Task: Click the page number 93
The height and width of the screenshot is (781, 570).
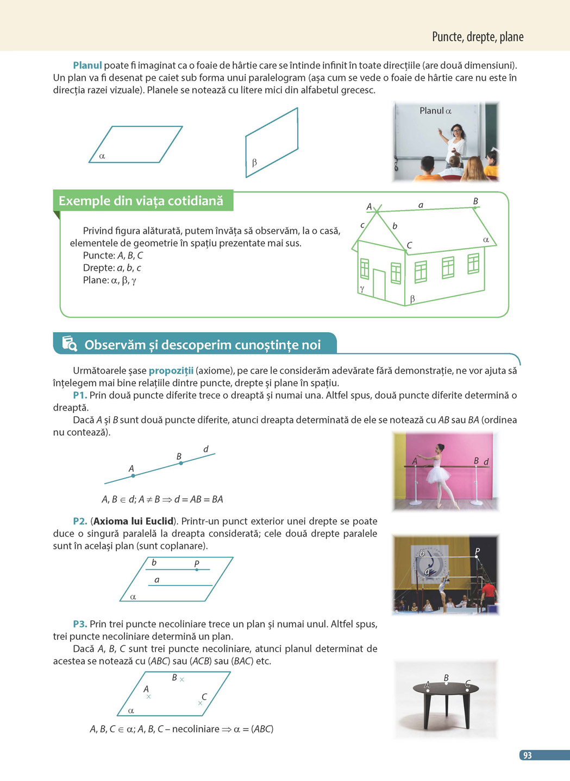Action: pos(527,755)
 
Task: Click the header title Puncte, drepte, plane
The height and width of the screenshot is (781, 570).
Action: pos(478,37)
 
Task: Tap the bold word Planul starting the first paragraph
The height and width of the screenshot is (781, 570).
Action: pos(87,66)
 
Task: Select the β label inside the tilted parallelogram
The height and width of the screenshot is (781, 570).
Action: pos(254,162)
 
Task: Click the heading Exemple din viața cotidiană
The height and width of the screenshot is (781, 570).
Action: pos(141,201)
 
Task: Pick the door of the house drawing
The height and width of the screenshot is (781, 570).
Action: pos(379,284)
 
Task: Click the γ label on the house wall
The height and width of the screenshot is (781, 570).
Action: pos(362,289)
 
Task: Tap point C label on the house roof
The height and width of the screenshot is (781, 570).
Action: pos(409,245)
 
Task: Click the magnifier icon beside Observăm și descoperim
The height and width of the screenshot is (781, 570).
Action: pos(70,344)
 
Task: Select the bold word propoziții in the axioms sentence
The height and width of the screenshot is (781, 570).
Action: pos(171,371)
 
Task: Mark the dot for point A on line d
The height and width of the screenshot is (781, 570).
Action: pos(133,476)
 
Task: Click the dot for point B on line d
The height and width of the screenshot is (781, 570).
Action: pos(181,463)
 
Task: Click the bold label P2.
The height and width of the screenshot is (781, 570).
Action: pos(80,521)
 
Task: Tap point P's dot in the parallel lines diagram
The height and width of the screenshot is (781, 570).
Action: pos(197,569)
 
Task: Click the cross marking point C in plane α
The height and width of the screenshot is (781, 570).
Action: pos(200,703)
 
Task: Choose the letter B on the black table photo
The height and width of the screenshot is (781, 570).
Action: pos(446,678)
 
